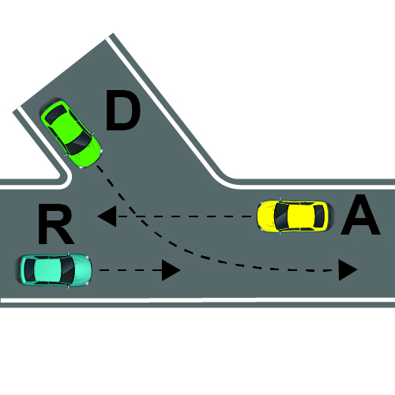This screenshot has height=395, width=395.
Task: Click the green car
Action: tap(70, 134)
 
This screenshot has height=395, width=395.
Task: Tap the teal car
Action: tap(54, 270)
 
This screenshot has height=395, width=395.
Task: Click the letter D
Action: tap(122, 110)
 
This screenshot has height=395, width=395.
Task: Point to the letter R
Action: tap(55, 224)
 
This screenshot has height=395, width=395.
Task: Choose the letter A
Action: tap(360, 215)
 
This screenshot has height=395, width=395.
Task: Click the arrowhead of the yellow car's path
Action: tap(107, 216)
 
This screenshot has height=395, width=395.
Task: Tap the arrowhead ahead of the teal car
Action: tap(171, 270)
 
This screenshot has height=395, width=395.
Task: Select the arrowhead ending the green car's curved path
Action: tap(348, 270)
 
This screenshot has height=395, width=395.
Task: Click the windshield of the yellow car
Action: tap(280, 216)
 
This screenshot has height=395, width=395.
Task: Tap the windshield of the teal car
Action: tap(67, 270)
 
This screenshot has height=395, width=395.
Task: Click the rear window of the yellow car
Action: tap(319, 216)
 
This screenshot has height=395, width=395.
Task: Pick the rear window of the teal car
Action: tap(29, 270)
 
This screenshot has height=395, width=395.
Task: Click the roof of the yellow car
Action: tap(301, 216)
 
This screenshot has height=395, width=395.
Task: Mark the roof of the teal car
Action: tap(47, 270)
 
